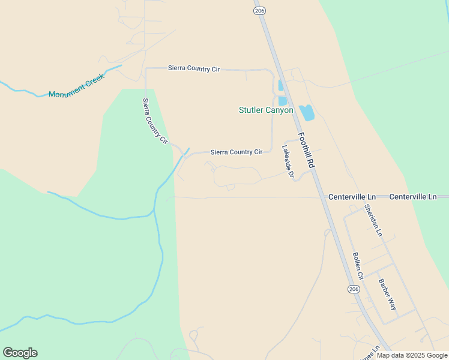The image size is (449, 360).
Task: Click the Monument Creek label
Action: click(76, 86)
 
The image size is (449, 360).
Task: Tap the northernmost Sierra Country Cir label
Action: click(194, 69)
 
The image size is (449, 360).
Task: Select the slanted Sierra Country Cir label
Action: click(154, 121)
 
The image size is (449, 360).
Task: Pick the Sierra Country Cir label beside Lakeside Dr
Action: click(237, 152)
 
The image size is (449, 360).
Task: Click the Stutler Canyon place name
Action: click(266, 110)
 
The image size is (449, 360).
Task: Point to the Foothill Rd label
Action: click(306, 150)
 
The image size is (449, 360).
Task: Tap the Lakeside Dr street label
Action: click(288, 161)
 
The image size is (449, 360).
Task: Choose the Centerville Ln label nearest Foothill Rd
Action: click(352, 197)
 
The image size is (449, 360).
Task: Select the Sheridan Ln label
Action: click(373, 220)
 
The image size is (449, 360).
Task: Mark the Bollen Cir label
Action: click(358, 267)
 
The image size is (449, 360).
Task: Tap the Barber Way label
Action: click(387, 294)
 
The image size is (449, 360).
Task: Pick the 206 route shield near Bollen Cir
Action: click(354, 289)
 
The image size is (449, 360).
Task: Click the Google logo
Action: click(20, 353)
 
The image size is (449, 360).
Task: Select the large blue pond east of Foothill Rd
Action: click(307, 112)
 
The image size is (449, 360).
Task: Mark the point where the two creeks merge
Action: click(154, 211)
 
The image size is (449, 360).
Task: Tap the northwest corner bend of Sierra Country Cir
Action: click(146, 69)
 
